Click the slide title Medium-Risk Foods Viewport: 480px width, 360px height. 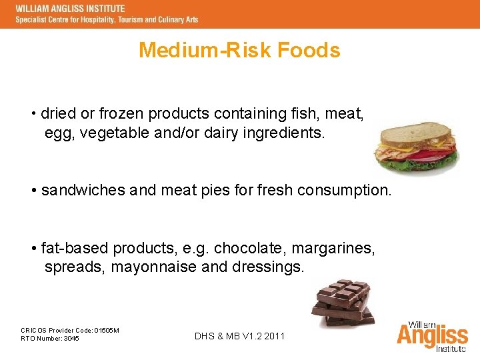[x=239, y=50]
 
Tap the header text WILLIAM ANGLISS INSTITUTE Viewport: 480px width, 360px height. [x=70, y=8]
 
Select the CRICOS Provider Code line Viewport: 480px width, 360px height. [x=70, y=330]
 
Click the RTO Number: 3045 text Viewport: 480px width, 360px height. [x=50, y=339]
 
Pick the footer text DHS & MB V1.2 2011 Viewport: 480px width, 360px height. [x=239, y=336]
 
